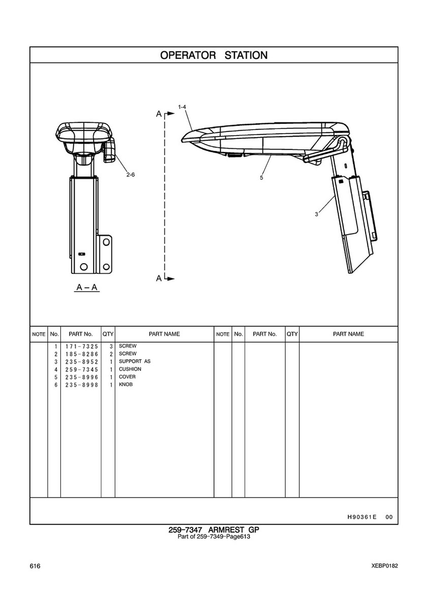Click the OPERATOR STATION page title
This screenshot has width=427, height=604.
click(213, 55)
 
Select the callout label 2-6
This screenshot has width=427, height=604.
click(131, 175)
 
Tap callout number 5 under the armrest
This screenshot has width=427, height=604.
click(261, 178)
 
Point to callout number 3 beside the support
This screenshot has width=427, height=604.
click(316, 214)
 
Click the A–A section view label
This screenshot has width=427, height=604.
click(87, 287)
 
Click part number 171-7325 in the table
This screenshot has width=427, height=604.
click(82, 346)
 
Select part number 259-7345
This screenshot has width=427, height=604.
click(82, 369)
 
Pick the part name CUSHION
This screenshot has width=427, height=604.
click(130, 369)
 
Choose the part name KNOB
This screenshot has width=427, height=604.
click(126, 385)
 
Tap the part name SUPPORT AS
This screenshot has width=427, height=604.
click(135, 361)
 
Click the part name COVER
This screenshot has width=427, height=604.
click(127, 377)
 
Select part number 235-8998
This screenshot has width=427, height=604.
click(82, 385)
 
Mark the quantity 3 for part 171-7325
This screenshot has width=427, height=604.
click(111, 346)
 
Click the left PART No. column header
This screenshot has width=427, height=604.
click(80, 334)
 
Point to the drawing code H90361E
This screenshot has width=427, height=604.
click(362, 517)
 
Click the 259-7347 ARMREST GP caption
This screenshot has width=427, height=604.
click(213, 530)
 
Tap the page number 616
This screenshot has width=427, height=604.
click(35, 566)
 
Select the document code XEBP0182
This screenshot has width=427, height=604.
click(385, 566)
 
